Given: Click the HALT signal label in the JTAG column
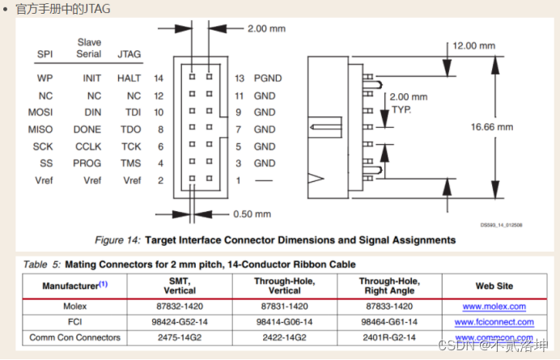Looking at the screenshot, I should point(129,78).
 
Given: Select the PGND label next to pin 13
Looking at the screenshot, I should point(269,78).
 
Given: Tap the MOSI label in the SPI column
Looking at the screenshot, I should point(40,112).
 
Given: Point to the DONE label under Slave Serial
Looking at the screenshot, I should point(87,129).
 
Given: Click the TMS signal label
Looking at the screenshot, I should point(131,163).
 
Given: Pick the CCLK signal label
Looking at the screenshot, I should point(87,146).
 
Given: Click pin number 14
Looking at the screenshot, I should point(159,78).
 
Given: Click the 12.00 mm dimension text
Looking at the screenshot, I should point(474,46).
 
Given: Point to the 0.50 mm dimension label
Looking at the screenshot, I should point(251,214).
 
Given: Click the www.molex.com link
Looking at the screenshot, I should point(494,307).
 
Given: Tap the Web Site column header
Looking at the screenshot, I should point(494,286).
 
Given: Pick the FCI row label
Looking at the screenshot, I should point(74,322).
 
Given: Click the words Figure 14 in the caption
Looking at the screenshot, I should point(118,240).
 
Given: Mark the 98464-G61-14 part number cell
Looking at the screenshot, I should point(389,322).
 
